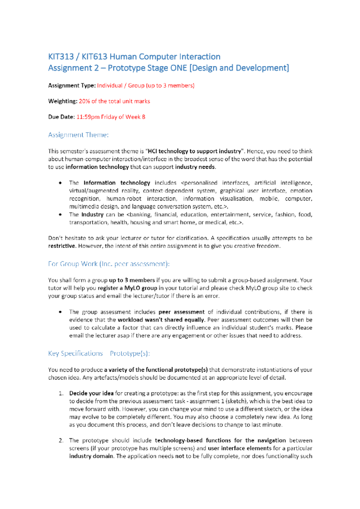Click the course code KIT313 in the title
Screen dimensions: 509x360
61,57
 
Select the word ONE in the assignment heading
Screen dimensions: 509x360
178,68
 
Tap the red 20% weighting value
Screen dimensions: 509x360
84,101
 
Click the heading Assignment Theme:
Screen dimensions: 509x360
78,135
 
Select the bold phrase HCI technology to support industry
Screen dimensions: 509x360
194,151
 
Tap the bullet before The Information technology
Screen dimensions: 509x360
61,183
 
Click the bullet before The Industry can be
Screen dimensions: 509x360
61,215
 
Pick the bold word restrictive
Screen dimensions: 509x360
61,246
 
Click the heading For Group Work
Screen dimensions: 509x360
73,264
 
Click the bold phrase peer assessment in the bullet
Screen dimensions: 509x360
181,312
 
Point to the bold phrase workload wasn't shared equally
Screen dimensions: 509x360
161,320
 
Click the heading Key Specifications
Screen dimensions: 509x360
75,354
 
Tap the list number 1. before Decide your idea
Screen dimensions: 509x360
61,393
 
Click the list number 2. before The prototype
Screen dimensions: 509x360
61,441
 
